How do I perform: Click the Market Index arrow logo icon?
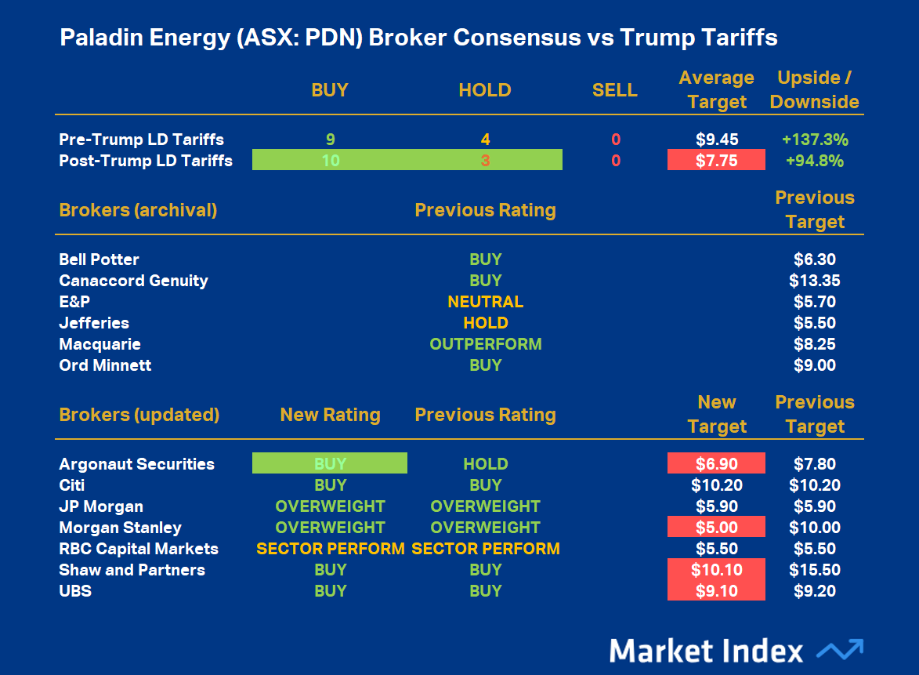coord(839,650)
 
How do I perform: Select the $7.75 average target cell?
coord(716,161)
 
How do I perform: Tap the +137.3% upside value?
coord(815,140)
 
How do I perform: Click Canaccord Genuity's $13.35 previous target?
coord(815,281)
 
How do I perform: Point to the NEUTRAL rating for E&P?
coord(485,302)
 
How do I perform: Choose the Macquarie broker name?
coord(99,344)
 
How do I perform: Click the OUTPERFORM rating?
coord(485,344)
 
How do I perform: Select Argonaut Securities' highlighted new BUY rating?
coord(330,464)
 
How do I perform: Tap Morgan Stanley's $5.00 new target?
coord(716,528)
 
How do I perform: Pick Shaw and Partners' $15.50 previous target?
coord(815,570)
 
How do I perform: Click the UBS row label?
coord(75,591)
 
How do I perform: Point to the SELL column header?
coord(615,90)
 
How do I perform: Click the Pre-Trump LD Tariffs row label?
coord(141,140)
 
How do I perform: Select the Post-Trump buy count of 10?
coord(330,161)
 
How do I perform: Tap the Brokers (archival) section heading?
coord(138,210)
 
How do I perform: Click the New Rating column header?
coord(330,415)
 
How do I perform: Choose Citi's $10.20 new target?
coord(716,485)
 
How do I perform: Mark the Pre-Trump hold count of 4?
coord(485,140)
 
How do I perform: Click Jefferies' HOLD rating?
coord(485,323)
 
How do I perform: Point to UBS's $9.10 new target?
coord(716,591)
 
